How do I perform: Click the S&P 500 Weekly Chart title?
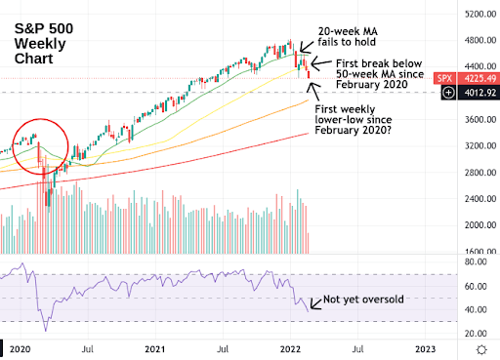click(x=44, y=44)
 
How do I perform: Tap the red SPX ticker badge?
click(x=444, y=79)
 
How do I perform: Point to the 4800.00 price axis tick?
click(x=480, y=40)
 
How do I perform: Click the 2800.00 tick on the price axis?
click(x=480, y=173)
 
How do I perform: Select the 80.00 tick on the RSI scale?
click(x=476, y=261)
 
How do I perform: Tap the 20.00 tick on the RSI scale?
click(x=476, y=334)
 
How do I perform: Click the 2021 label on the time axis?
click(x=155, y=349)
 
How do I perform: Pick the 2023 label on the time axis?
click(x=426, y=349)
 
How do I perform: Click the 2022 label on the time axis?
click(x=290, y=349)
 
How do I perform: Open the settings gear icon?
click(x=481, y=350)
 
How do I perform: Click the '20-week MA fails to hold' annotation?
click(x=348, y=37)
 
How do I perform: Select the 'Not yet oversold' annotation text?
click(x=363, y=300)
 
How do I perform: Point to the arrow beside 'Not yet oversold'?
click(x=315, y=303)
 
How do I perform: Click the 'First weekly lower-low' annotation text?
click(x=354, y=120)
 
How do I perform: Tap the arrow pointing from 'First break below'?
click(x=321, y=63)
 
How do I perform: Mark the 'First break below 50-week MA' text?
click(x=380, y=74)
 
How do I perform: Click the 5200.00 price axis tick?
click(x=480, y=14)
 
